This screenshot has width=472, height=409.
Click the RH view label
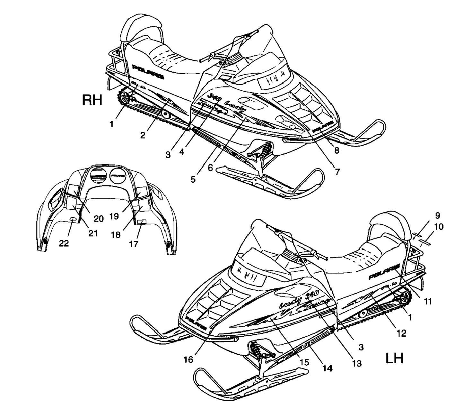(92, 100)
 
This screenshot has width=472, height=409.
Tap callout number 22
(64, 243)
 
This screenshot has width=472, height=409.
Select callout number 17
(134, 244)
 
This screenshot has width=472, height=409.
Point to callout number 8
(336, 150)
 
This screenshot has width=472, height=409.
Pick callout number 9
(437, 215)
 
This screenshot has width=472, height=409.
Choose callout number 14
(327, 368)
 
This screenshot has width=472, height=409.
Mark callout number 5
(193, 179)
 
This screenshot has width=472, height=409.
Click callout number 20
(99, 219)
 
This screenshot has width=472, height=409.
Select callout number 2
(143, 135)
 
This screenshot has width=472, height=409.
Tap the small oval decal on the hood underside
(73, 220)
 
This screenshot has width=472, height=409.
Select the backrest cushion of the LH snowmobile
(385, 225)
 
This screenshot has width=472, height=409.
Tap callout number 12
(401, 333)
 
